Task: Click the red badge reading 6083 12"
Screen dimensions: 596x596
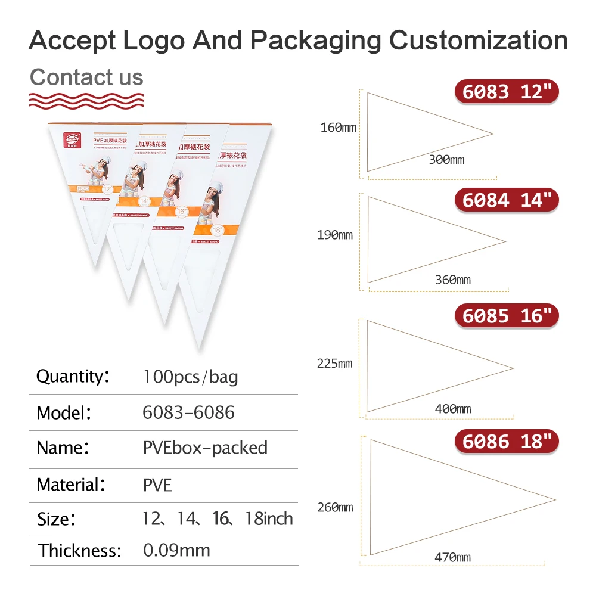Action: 507,92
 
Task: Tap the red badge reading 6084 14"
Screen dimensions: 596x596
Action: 507,200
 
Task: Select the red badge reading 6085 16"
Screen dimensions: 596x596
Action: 507,315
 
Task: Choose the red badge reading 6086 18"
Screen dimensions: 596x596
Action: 507,441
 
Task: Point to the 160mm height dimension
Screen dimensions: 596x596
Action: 339,127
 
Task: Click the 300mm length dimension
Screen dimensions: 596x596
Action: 446,159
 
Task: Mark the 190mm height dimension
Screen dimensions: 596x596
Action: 335,235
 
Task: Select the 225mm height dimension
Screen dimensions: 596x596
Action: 335,363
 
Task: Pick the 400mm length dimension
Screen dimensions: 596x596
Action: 452,409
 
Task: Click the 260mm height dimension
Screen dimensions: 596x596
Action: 335,507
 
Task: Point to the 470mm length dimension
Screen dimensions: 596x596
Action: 452,557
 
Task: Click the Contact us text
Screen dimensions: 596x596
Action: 86,77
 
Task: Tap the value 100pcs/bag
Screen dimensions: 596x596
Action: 190,377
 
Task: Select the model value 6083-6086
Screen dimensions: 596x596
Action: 188,412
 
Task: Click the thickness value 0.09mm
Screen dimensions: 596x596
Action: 176,550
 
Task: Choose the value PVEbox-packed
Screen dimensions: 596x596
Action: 205,448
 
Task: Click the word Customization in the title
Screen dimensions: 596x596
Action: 478,41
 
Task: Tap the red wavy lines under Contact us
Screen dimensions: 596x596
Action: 86,100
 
